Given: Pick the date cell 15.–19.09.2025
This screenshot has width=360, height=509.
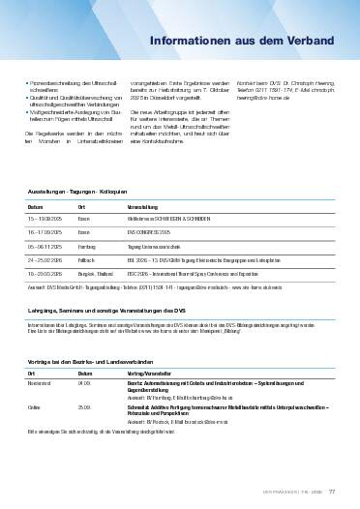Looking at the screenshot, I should pos(45,220).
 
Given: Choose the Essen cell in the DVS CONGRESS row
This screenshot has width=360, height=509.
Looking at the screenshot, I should pos(83,233).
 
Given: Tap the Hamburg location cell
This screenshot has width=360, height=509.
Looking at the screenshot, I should pos(86,247).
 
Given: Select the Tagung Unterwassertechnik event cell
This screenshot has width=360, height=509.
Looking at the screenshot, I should pos(157,247).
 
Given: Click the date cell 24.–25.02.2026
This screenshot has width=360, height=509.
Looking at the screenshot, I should pos(45,260).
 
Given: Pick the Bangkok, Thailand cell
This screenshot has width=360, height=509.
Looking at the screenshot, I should pos(94,274).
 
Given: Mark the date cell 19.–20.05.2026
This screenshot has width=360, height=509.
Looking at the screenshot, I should pos(45,274).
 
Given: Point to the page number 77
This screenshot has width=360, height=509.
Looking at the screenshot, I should pos(332,491).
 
